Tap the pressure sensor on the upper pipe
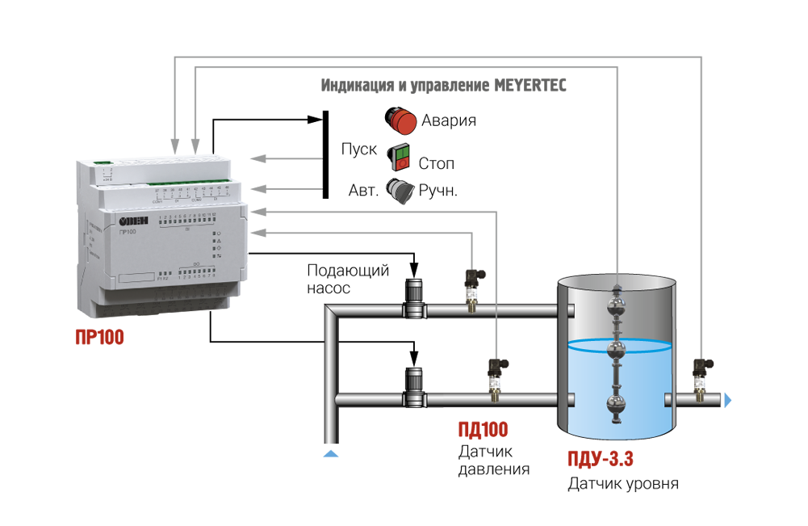[473, 288]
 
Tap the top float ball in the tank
[618, 305]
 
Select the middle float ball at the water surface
[618, 350]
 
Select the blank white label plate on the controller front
[128, 279]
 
